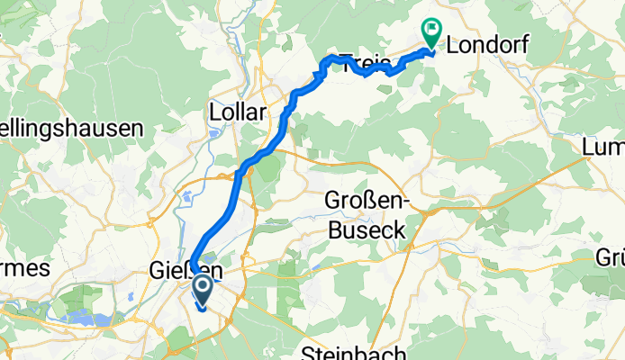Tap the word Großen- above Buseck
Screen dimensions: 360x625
click(367, 202)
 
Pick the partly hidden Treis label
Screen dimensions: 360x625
click(364, 63)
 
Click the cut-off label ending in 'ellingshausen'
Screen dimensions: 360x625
click(71, 128)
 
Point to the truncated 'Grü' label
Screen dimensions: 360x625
click(611, 258)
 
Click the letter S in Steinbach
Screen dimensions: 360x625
click(309, 352)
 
